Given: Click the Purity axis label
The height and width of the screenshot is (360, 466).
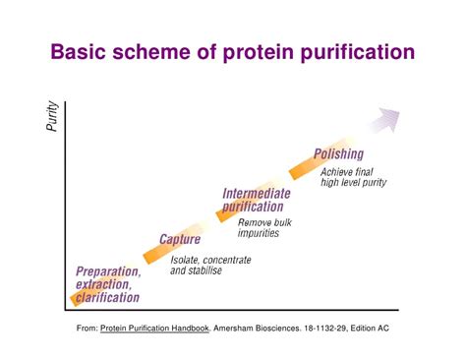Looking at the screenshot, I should point(52,118).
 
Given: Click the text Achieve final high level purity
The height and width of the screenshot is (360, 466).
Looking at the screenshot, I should point(352,176).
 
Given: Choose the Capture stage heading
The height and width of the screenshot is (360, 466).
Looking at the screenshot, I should point(181,240).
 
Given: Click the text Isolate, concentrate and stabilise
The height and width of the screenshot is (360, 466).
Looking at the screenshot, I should point(210,265).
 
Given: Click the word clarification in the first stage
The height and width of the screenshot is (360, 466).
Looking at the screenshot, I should point(108,297).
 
